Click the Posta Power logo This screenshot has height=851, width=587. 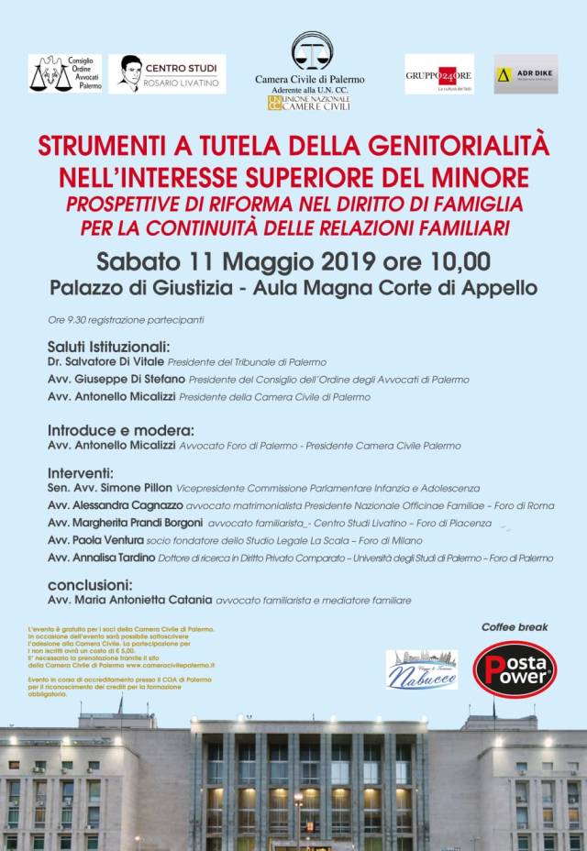[515, 668]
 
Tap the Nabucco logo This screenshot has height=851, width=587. [422, 669]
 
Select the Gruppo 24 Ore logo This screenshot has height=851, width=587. [439, 73]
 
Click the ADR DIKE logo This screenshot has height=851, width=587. [526, 73]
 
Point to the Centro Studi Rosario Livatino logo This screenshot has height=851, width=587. [167, 73]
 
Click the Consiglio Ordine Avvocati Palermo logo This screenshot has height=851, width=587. [65, 73]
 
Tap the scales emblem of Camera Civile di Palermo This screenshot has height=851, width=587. [312, 50]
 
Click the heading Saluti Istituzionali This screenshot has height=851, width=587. [108, 348]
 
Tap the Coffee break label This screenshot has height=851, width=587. [515, 627]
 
